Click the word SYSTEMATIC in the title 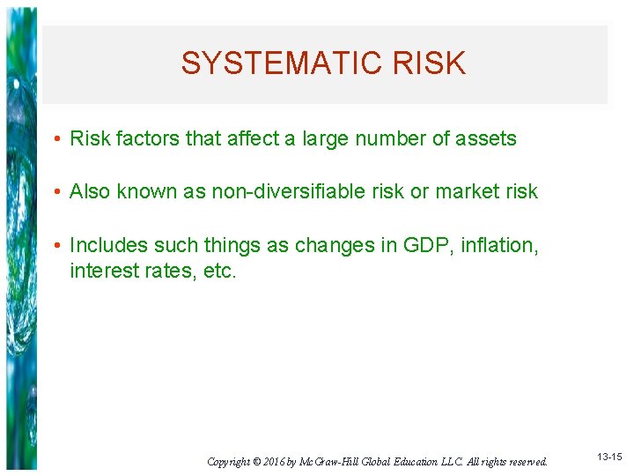279,63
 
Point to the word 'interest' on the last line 100,271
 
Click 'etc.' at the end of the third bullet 219,271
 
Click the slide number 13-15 608,457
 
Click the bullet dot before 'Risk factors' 56,139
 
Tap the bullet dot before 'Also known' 56,192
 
